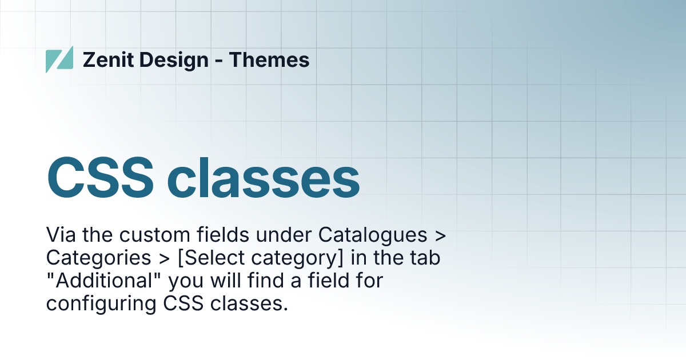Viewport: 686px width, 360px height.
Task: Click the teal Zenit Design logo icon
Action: [x=59, y=59]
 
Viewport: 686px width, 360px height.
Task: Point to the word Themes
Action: [x=269, y=59]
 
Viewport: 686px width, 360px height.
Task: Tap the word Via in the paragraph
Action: [x=61, y=234]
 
